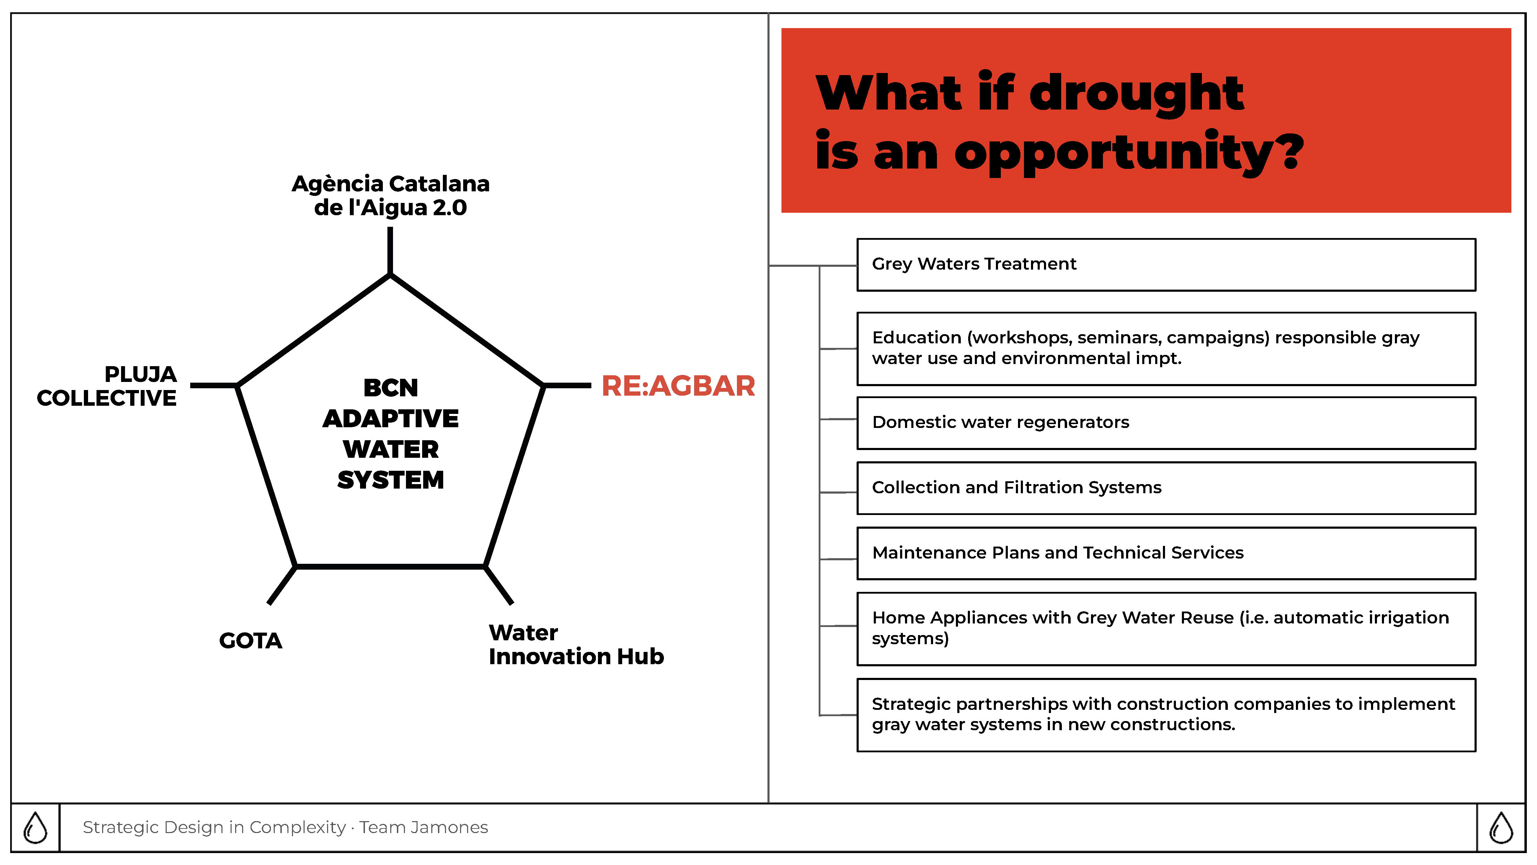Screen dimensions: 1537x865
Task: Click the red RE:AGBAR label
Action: [678, 386]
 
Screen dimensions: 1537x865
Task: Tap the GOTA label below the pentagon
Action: [251, 641]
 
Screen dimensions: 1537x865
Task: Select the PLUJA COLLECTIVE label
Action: [107, 386]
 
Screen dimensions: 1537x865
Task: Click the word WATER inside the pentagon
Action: [391, 449]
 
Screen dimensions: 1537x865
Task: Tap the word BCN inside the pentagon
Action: [391, 388]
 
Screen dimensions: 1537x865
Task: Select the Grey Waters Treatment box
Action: [1166, 264]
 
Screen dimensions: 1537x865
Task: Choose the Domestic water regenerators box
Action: [1166, 423]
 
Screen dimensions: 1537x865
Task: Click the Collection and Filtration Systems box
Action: [1166, 488]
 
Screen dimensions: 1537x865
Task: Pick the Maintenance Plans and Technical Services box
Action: [1166, 553]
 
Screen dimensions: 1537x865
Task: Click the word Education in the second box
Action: [917, 337]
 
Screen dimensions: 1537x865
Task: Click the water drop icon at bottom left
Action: [35, 827]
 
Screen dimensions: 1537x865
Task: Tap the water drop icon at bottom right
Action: [1501, 827]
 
